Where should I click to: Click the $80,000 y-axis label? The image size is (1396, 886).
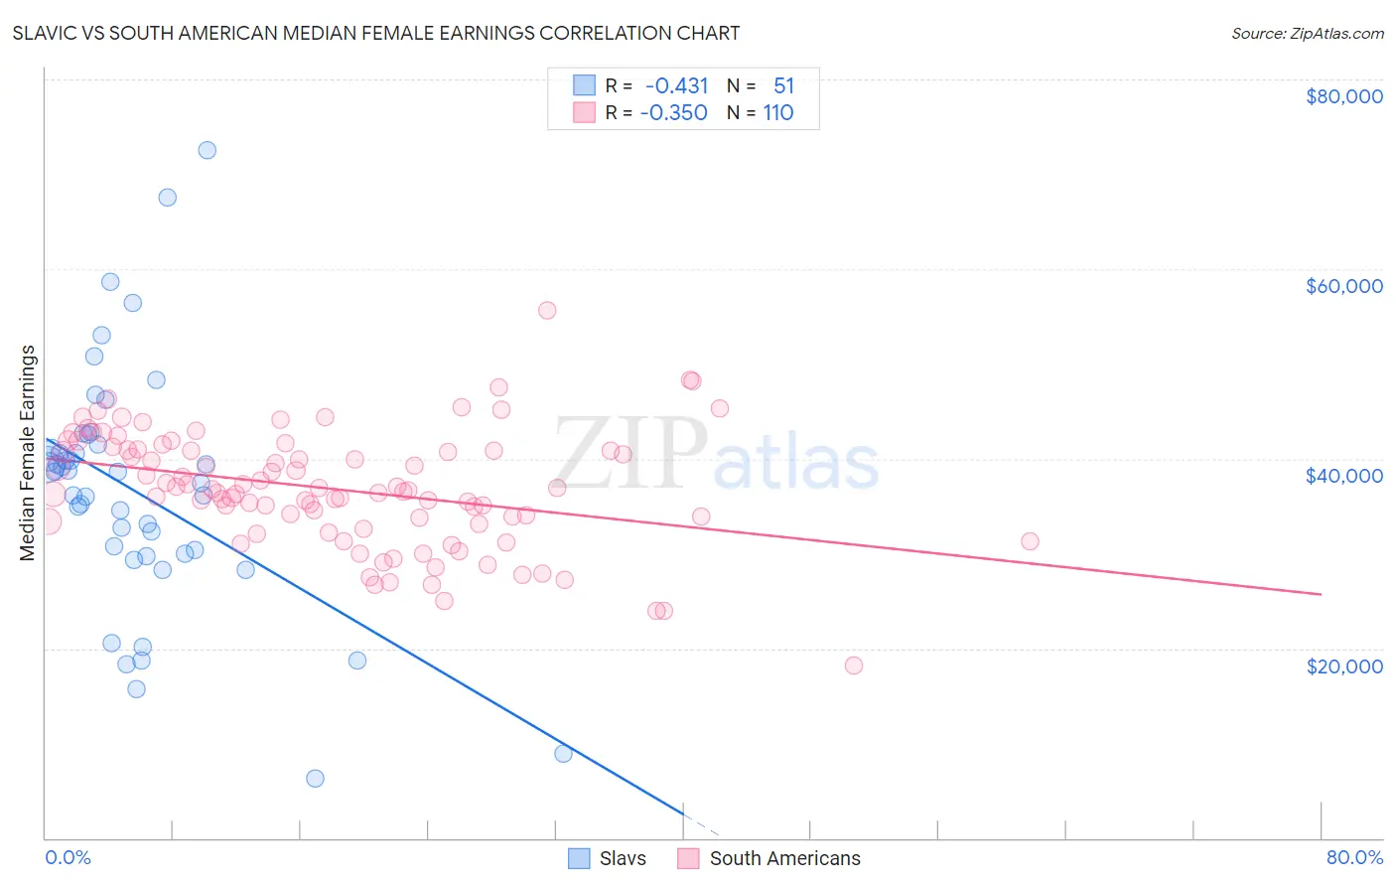click(1343, 96)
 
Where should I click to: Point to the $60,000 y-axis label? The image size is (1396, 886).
click(1343, 286)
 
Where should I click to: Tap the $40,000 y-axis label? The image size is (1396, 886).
click(1343, 476)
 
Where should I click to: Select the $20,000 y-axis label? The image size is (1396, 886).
click(1343, 665)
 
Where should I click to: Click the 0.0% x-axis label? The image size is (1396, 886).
click(68, 857)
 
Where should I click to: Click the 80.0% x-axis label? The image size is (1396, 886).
click(1354, 857)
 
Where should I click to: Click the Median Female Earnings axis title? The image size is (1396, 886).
click(28, 453)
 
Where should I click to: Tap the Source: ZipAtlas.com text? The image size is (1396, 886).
click(1307, 33)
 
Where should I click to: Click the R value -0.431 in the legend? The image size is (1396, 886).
click(676, 86)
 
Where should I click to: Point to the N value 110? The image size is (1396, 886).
click(777, 113)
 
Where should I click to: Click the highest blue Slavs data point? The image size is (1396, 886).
click(207, 150)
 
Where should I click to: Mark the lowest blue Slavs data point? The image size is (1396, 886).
click(315, 778)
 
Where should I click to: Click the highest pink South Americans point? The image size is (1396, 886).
click(547, 310)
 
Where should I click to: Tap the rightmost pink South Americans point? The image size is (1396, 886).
click(1030, 541)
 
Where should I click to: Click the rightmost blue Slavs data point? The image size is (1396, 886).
click(563, 754)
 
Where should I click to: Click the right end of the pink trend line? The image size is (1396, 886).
click(1321, 594)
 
